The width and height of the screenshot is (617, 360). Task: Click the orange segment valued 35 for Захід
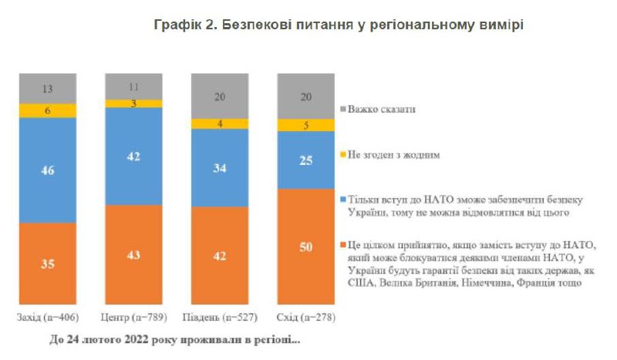coord(48,264)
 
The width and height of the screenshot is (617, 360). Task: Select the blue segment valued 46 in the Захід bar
coord(48,170)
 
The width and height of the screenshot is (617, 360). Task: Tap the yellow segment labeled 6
coord(48,111)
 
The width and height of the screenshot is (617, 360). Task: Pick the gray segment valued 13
coord(48,89)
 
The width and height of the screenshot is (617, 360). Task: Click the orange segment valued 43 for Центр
coord(133,256)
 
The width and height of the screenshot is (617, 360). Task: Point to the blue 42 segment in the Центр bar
coord(133,156)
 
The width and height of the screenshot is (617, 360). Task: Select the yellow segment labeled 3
coord(133,103)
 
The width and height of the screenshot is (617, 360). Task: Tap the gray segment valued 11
coord(133,86)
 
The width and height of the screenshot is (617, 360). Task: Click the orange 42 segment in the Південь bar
coord(219,257)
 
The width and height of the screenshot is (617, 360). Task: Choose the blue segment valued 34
coord(219,168)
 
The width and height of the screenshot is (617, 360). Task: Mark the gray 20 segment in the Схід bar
coord(305,96)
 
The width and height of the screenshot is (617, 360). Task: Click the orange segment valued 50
coord(305,247)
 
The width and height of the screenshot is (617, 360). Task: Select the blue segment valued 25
coord(305,160)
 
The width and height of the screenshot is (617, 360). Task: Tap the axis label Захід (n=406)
coord(48,318)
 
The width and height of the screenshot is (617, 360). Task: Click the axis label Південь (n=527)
coord(219,318)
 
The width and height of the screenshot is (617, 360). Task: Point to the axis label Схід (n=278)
coord(305,318)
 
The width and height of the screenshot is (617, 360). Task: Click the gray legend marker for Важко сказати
coord(343,109)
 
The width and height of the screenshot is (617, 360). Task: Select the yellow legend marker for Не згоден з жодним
coord(343,155)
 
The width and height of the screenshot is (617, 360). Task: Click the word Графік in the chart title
coord(176,25)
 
